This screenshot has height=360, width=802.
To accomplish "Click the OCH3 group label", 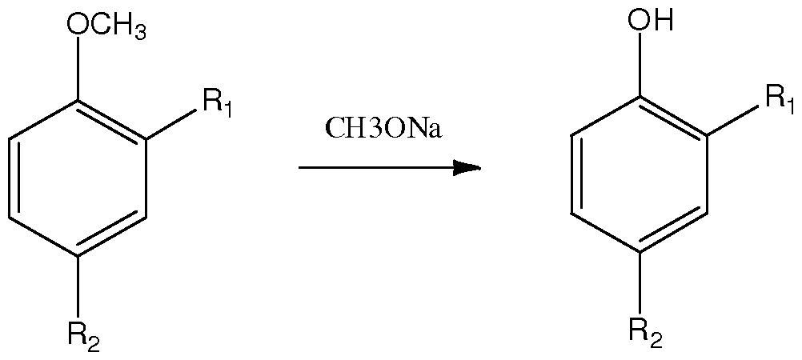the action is point(106,26).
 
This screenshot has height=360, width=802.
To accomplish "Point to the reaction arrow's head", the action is point(467,167).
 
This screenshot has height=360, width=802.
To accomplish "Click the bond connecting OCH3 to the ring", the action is point(78,69).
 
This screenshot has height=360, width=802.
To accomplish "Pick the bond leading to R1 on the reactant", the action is point(171,124).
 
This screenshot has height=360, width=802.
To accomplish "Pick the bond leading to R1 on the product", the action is point(733,120).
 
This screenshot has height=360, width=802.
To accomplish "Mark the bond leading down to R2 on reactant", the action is point(78,287).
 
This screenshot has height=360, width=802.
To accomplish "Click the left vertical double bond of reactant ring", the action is point(14,178).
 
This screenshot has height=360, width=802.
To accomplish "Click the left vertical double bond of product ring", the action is point(575,174).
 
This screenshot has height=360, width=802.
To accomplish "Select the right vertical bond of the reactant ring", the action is point(146,178).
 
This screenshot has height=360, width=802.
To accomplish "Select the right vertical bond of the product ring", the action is point(708,174).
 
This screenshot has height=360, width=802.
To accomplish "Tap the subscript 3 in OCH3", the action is point(139,33).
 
